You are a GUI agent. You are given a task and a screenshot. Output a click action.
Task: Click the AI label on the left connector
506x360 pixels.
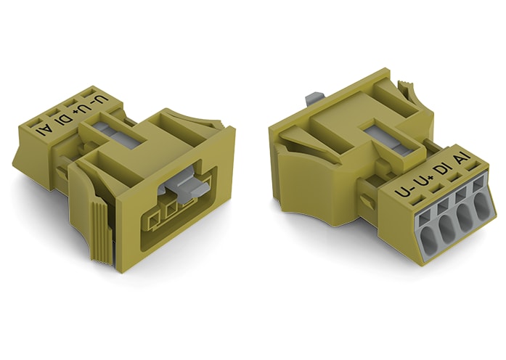(46, 132)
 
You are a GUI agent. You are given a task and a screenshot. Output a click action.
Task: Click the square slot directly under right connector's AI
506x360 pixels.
(477, 186)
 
